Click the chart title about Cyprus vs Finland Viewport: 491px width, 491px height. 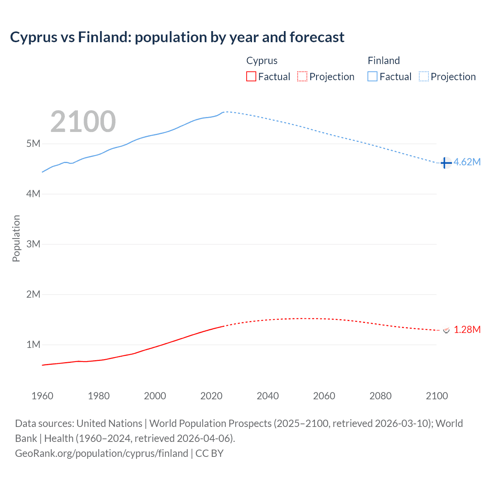177,37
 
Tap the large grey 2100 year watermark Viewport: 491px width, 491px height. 83,122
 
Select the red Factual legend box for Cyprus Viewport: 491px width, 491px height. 251,77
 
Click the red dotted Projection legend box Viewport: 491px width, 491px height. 302,77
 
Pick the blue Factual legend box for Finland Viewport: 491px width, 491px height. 372,77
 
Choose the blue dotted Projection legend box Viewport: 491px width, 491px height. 423,77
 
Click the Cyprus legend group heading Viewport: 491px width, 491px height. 262,61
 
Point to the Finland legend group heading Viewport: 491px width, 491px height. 384,61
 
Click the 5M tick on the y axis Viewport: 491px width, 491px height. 33,143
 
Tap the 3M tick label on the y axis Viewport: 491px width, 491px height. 33,244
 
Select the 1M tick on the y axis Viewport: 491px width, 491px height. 33,344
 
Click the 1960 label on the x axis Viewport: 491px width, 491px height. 42,396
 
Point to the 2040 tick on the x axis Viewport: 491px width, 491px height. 268,396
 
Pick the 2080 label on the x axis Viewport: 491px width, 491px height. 381,396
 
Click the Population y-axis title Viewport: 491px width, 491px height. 16,238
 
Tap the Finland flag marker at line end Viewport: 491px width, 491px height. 446,163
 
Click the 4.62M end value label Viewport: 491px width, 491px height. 467,162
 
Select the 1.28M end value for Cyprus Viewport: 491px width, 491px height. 467,330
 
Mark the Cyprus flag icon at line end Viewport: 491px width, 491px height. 446,330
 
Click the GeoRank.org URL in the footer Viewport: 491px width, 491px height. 102,453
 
